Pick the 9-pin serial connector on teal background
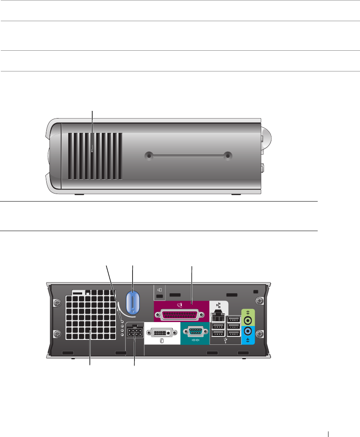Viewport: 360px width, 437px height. (194, 331)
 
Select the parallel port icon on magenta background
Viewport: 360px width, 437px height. (180, 306)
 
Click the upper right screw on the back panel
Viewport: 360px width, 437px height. (260, 301)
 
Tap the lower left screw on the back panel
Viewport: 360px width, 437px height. (57, 333)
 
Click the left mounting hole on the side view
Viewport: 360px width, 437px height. (149, 156)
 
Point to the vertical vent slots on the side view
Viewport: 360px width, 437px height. (95, 156)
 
